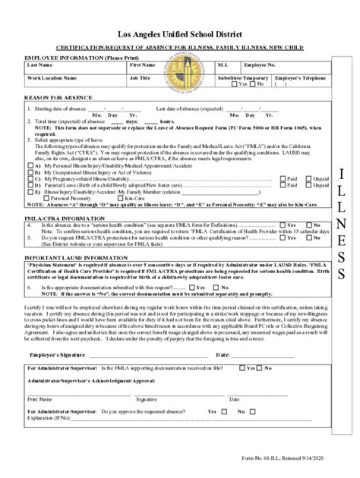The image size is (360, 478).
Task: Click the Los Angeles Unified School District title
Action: coord(180,35)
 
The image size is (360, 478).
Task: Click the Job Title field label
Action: coord(141,77)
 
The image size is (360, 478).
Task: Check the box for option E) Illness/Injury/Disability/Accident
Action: coord(30,192)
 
